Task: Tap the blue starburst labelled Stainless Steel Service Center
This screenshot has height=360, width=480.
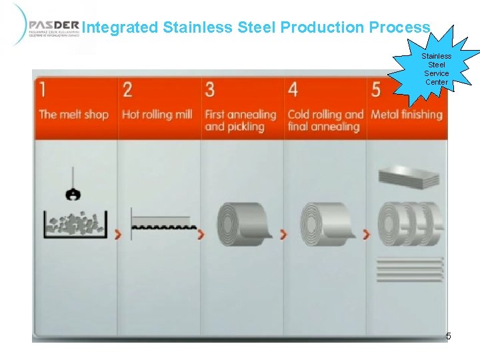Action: coord(437,69)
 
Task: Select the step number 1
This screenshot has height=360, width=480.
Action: coord(43,89)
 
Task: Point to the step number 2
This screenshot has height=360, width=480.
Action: coord(127,89)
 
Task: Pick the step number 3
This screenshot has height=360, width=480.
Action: coord(210,89)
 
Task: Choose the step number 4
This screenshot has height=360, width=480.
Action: coord(293,89)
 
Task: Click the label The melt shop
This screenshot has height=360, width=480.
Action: coord(73,114)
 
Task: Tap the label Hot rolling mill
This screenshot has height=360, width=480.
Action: coord(157,114)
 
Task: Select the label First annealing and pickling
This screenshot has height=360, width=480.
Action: coord(240,120)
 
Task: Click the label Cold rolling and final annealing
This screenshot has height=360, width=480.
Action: coord(325,120)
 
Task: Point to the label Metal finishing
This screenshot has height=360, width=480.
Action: coord(406,114)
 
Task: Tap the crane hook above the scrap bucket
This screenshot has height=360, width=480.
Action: coord(71,193)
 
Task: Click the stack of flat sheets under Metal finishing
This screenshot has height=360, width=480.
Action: coord(409,177)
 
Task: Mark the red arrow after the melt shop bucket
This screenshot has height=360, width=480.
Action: coord(119,234)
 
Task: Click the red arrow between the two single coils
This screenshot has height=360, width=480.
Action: coord(283,234)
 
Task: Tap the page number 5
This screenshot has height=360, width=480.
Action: coord(448,336)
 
